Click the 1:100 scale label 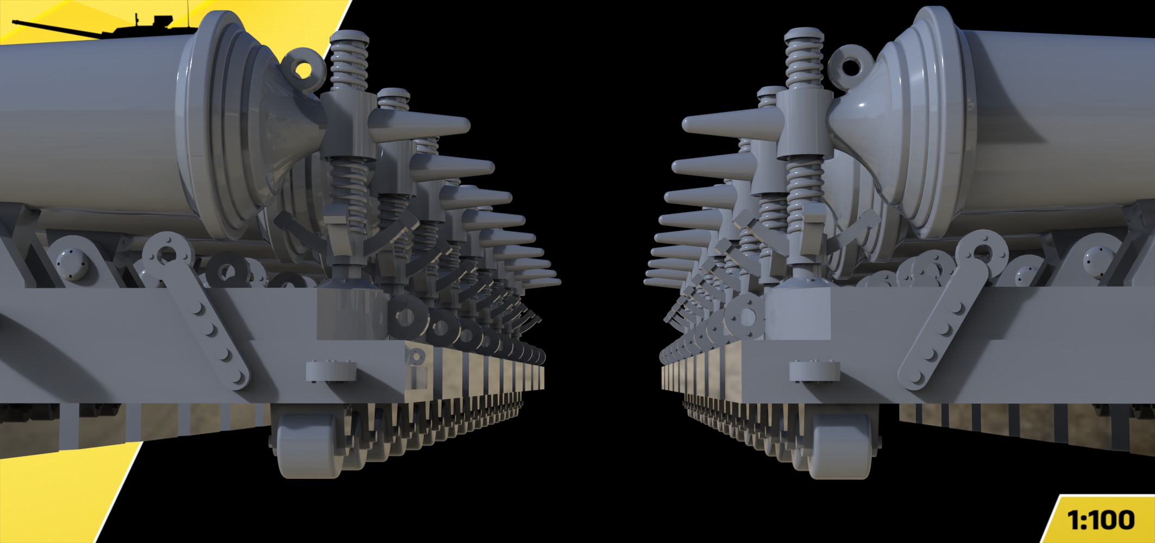pyautogui.click(x=1101, y=520)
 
